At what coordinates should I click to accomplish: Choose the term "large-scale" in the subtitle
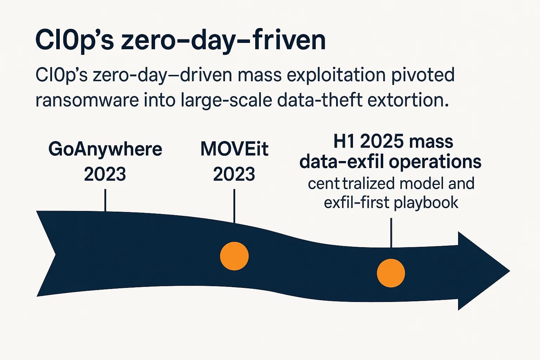tap(226, 101)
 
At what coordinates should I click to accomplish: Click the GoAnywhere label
tap(105, 149)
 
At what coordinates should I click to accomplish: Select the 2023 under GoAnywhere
tap(105, 174)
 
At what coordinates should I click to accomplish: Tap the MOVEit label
tap(234, 149)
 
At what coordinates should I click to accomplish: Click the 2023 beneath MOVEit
tap(234, 174)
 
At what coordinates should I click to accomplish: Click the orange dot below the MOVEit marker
tap(234, 256)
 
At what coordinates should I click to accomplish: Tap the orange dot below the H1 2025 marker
tap(391, 273)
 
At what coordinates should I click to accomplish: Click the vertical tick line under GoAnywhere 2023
tap(105, 200)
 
